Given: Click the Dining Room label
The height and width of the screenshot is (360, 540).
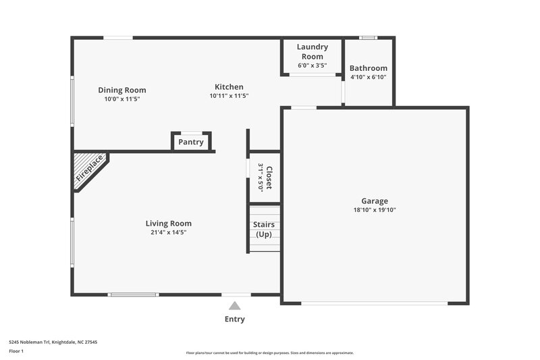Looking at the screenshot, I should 122,90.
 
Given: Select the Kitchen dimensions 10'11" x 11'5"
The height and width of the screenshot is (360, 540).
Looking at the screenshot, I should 229,96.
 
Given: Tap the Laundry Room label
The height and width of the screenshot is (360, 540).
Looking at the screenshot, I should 312,51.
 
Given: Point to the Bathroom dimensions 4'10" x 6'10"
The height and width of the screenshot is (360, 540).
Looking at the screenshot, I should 368,77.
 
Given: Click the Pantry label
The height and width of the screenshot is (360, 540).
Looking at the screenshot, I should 191,143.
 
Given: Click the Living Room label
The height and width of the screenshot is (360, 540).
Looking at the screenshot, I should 168,224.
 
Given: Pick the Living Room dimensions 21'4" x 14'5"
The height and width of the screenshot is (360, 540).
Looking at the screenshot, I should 168,232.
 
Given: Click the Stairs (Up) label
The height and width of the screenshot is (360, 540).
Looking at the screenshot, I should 263,229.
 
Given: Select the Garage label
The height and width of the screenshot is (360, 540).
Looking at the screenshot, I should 374,201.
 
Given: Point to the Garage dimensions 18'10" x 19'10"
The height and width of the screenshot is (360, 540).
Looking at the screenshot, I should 374,210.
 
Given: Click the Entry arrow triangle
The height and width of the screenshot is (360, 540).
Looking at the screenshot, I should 234,306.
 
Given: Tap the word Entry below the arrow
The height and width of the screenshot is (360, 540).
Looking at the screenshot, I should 234,319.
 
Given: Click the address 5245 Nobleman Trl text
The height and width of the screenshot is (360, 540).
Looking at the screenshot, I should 53,342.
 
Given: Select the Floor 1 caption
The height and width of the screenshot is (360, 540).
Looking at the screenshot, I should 16,351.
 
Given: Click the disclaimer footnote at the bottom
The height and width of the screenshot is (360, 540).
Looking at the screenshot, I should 269,353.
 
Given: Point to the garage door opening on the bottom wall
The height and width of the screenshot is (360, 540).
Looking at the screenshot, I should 374,303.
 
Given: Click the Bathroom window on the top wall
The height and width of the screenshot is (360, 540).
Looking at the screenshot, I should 368,38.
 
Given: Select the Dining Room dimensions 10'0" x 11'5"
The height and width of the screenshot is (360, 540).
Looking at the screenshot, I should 122,99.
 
